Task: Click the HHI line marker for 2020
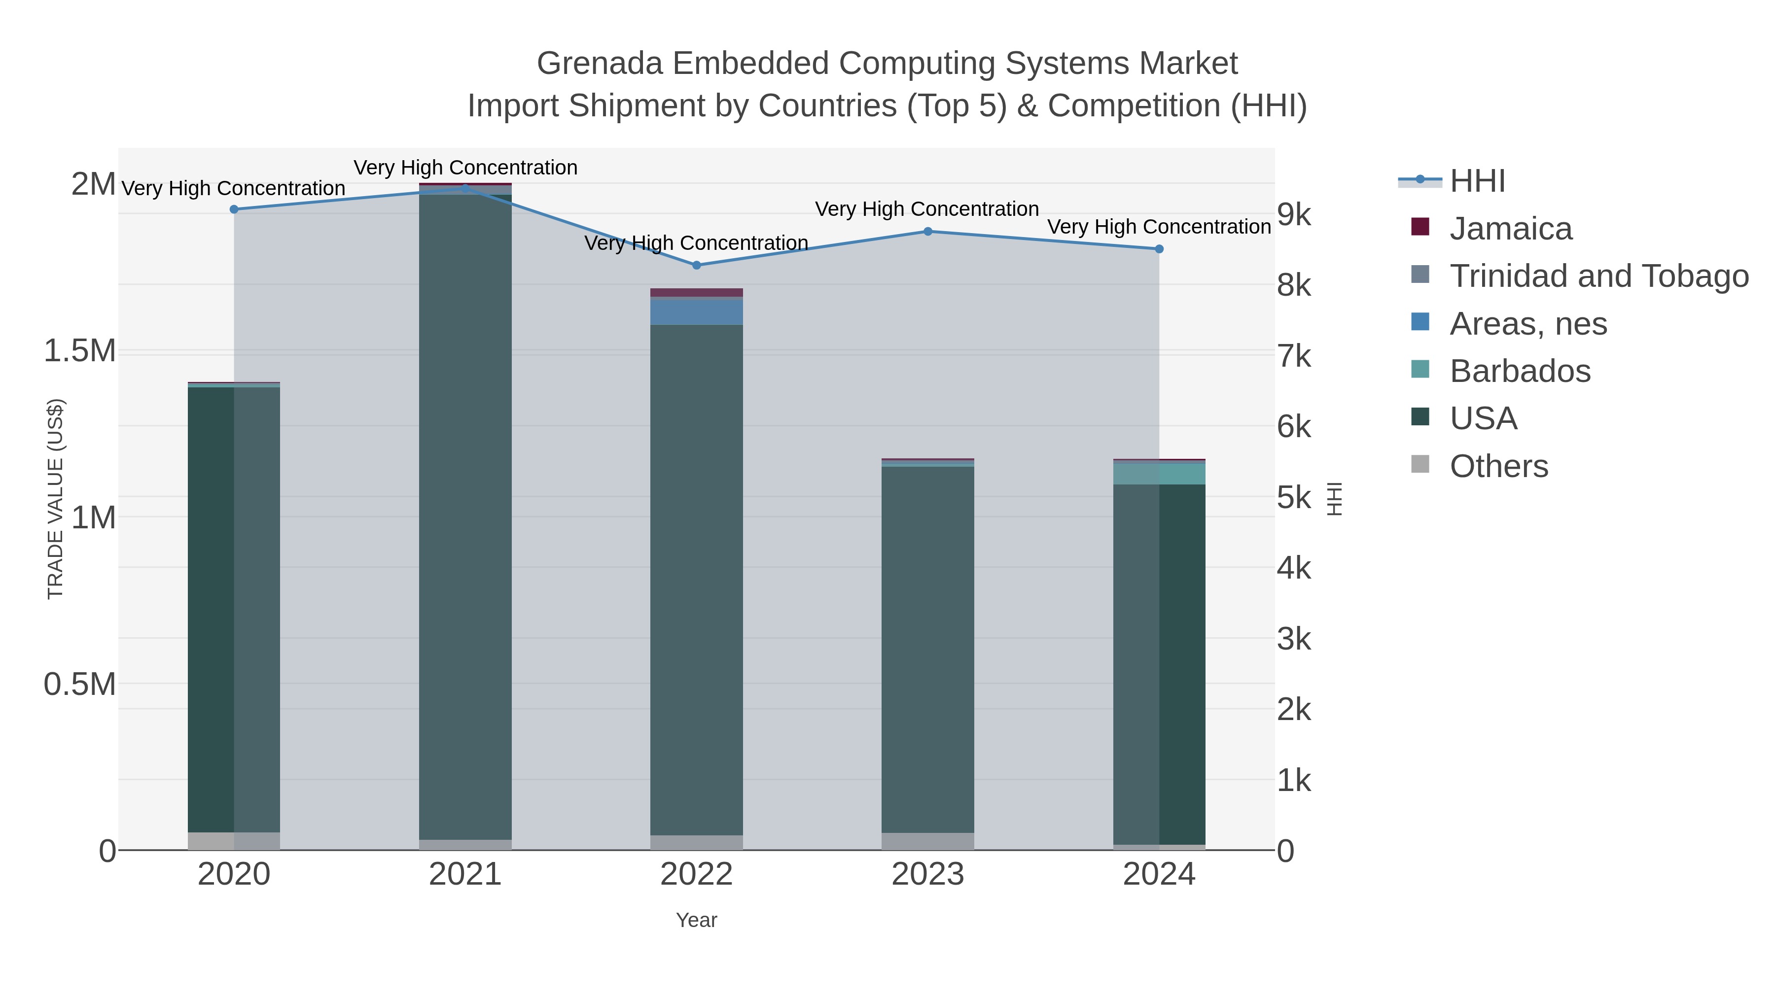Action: click(234, 209)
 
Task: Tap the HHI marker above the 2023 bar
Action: click(927, 232)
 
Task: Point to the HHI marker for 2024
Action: click(1159, 249)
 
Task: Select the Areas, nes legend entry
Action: click(1527, 324)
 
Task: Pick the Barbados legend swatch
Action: click(1420, 370)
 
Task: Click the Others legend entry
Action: click(1498, 466)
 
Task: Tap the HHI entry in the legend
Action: click(1477, 181)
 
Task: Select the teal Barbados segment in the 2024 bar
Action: click(1159, 474)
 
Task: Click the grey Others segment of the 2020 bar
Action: click(234, 841)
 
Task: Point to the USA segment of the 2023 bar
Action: click(927, 648)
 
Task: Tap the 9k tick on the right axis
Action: click(1293, 215)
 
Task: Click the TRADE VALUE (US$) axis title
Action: click(55, 499)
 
